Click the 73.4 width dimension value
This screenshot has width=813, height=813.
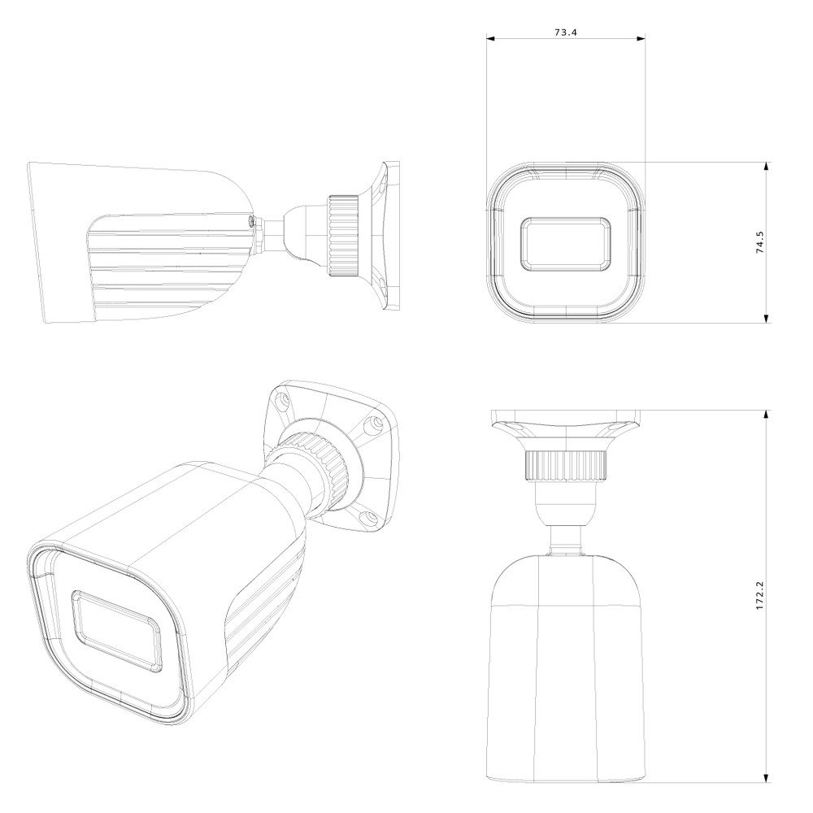coord(566,33)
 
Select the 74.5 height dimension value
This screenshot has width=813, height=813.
coord(760,242)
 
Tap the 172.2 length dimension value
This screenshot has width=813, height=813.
coord(760,595)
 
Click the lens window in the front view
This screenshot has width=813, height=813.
coord(566,244)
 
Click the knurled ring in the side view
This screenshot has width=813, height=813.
coord(343,236)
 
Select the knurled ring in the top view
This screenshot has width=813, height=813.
coord(566,465)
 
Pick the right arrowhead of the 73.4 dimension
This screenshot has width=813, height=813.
coord(640,38)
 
